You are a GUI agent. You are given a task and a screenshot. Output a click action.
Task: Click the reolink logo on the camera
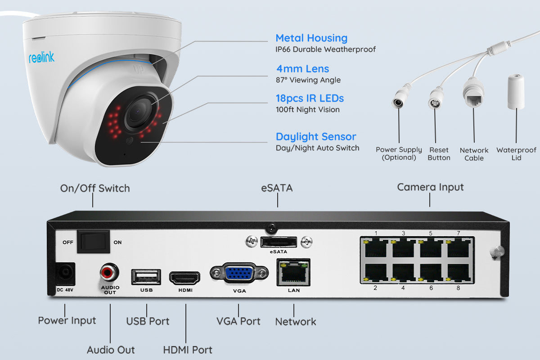41,57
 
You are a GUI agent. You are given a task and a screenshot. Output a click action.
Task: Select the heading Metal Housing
311,38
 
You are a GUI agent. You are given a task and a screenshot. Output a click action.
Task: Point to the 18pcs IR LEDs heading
310,99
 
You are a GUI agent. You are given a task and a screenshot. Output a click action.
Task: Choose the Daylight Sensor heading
315,137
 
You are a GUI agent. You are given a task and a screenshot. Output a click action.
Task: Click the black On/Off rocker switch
93,242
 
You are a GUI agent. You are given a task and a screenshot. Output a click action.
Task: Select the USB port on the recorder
146,277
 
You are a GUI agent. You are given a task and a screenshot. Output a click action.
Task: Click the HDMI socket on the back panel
184,278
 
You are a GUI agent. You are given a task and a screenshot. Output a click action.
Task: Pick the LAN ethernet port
293,272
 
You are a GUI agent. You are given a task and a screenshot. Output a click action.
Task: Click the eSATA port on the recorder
278,242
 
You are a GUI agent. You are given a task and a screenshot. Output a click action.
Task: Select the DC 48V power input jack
64,274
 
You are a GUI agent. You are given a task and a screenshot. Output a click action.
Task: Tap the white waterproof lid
516,92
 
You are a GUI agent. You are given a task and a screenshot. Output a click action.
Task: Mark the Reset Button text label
439,154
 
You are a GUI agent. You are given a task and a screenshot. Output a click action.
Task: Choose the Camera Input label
430,187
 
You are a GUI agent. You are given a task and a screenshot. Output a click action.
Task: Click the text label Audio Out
110,350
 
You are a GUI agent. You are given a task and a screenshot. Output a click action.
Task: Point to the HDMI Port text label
187,350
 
